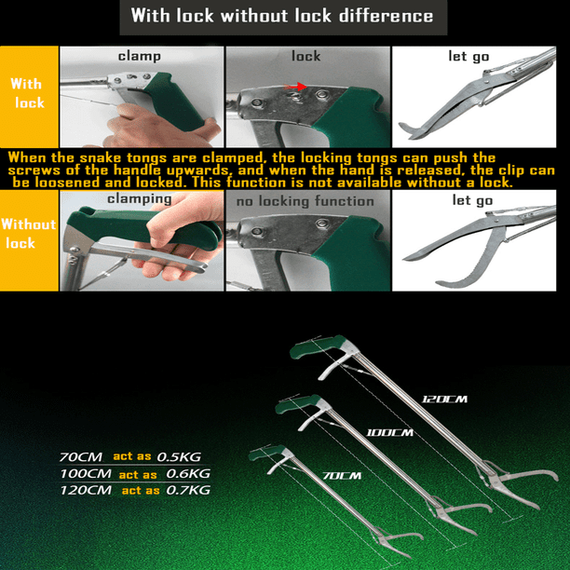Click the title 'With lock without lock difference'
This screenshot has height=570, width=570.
[x=282, y=16]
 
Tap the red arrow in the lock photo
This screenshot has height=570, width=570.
[x=295, y=87]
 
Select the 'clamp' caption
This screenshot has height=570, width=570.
[x=139, y=56]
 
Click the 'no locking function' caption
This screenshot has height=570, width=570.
[x=305, y=201]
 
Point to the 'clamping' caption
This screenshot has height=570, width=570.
[x=139, y=198]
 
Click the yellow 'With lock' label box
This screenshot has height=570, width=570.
[x=29, y=97]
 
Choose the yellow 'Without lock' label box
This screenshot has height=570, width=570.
[x=29, y=240]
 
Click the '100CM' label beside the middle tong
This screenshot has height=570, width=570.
[x=389, y=432]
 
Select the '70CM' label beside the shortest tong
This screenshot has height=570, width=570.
[x=342, y=476]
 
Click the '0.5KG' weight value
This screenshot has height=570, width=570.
[x=179, y=457]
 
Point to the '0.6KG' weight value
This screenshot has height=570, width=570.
[x=188, y=474]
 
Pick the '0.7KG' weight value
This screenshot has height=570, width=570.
[x=188, y=490]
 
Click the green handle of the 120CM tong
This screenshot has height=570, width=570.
[x=317, y=346]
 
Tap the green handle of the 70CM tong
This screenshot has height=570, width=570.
[x=265, y=453]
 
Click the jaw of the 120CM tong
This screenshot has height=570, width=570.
[x=520, y=483]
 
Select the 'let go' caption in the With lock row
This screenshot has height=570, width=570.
[x=468, y=56]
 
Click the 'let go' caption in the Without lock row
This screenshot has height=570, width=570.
[x=472, y=200]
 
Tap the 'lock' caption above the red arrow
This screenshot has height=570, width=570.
[x=305, y=56]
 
